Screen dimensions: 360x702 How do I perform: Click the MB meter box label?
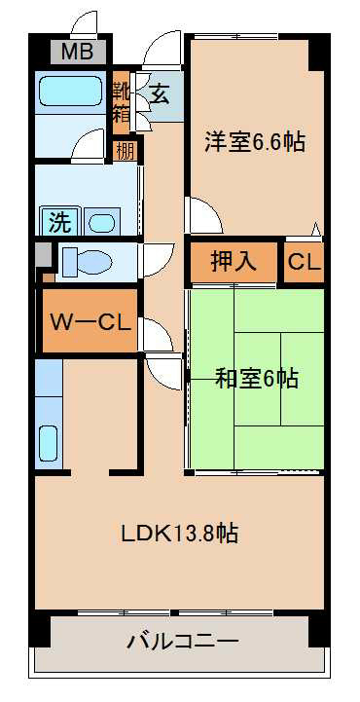click(78, 52)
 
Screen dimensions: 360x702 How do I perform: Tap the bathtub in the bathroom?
click(71, 91)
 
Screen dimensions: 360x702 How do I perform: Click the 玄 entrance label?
click(160, 94)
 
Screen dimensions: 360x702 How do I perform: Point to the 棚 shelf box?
click(125, 151)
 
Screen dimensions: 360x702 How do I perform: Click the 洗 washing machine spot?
click(60, 223)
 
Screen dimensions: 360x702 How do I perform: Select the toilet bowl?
click(87, 263)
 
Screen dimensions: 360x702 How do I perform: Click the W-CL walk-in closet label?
click(90, 321)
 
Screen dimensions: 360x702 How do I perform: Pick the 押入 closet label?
click(234, 262)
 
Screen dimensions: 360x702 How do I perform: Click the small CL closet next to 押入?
click(305, 262)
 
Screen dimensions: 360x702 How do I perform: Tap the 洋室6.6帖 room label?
click(255, 142)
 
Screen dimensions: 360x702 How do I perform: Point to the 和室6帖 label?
click(257, 379)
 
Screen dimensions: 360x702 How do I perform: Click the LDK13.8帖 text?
click(180, 534)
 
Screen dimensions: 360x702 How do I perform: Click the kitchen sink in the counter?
click(48, 443)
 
